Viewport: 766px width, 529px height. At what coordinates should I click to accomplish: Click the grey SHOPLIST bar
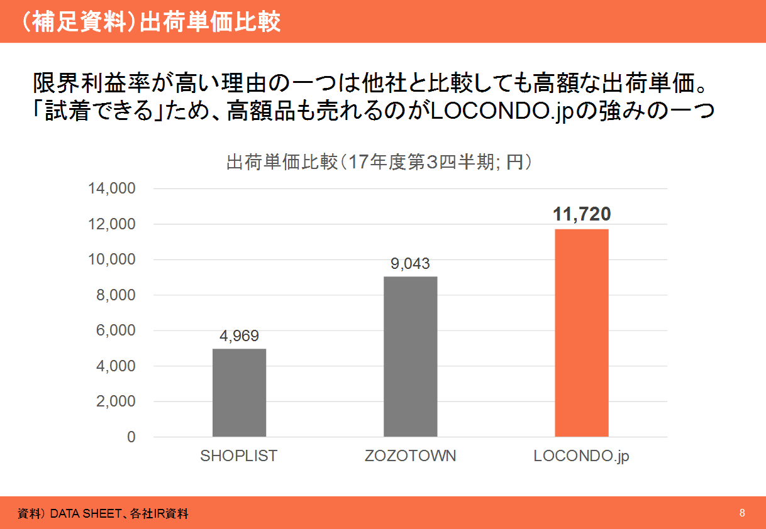(239, 392)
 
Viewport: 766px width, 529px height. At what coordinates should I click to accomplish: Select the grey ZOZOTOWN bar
(410, 356)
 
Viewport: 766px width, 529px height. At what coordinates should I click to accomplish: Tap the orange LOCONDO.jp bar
(581, 332)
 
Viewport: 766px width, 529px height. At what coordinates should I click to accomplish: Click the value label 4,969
(239, 336)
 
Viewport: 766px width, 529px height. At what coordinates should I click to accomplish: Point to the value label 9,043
(410, 264)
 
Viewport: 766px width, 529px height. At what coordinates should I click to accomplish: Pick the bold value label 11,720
(582, 214)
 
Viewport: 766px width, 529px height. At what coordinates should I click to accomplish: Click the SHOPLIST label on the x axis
(239, 456)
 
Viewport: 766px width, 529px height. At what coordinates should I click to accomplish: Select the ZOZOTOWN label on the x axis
(410, 456)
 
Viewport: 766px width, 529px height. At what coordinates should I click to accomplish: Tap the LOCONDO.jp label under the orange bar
(581, 457)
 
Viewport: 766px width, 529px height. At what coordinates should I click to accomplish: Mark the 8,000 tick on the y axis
(118, 295)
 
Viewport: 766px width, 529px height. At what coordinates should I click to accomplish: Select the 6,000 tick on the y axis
(118, 330)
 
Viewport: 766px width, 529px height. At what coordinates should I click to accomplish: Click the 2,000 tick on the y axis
(118, 401)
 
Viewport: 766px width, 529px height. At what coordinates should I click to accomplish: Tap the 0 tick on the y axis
(131, 437)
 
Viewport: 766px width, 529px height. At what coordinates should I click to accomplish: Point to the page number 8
(742, 513)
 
